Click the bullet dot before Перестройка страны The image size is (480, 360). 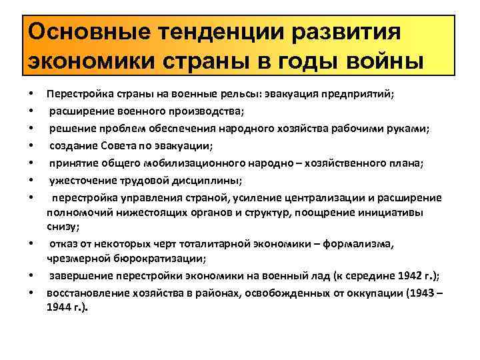(x=31, y=94)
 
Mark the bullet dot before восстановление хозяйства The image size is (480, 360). (x=31, y=292)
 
